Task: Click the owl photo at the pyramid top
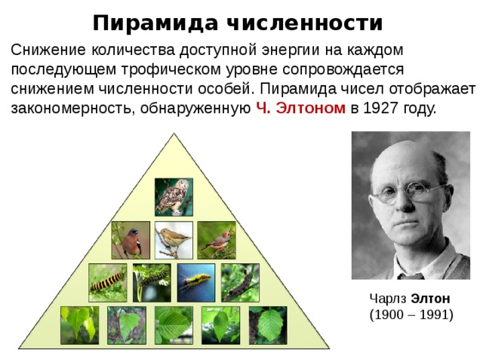(174, 197)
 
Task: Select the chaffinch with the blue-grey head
(131, 240)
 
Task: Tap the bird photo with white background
(174, 240)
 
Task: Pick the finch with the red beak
(217, 240)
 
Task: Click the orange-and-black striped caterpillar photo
(107, 283)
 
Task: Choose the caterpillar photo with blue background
(196, 283)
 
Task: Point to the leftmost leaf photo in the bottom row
(80, 325)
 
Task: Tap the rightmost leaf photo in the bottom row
(268, 325)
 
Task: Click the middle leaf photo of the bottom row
(174, 325)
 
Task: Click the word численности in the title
(305, 23)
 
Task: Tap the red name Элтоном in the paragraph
(310, 108)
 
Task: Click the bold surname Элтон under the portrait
(431, 299)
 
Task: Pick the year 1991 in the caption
(435, 315)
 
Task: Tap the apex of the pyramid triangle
(174, 133)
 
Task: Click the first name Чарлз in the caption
(389, 299)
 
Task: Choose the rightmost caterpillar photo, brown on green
(240, 283)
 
